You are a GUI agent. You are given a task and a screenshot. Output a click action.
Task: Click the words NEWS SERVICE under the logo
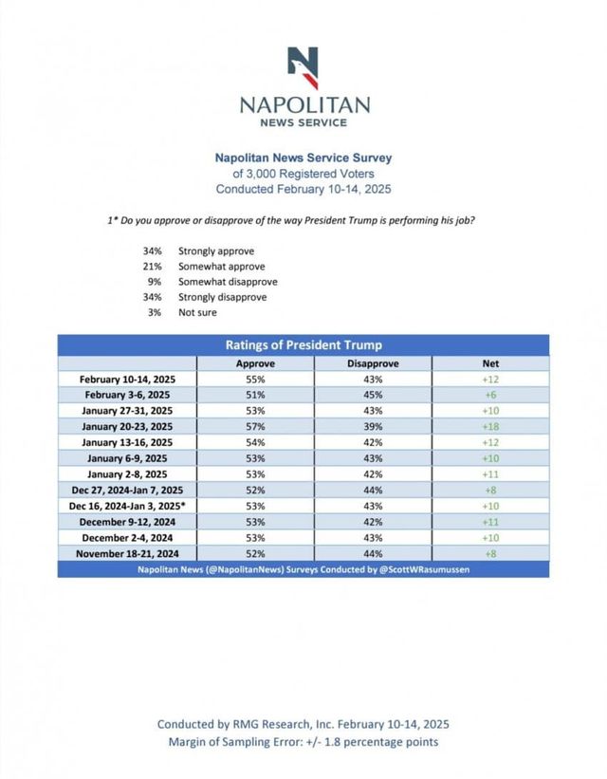click(x=303, y=122)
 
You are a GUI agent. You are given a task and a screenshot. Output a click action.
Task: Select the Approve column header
click(x=254, y=363)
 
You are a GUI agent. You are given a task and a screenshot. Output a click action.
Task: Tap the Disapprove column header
click(x=373, y=363)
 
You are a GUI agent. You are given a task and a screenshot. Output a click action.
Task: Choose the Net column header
click(x=490, y=363)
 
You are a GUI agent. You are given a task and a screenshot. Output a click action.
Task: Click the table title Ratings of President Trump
click(x=303, y=345)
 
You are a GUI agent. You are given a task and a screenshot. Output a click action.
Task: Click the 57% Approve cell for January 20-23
click(x=254, y=426)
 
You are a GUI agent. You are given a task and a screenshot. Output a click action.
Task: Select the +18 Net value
click(x=490, y=426)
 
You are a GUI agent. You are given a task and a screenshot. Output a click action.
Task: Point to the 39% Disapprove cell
click(x=373, y=426)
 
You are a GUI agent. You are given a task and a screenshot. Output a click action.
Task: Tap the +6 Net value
click(x=490, y=394)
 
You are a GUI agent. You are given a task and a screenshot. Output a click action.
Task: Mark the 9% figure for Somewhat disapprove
click(x=153, y=282)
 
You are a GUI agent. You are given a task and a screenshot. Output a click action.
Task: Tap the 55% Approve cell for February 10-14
click(x=254, y=379)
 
